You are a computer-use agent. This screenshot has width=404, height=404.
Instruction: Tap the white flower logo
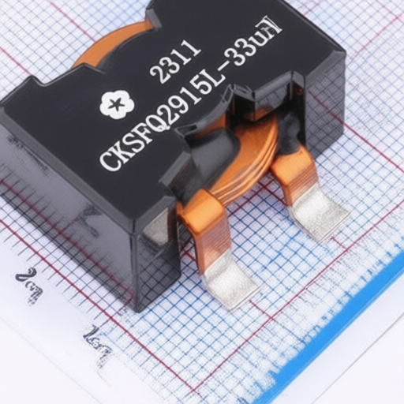point(117,105)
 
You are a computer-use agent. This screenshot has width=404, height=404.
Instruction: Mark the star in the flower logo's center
point(117,105)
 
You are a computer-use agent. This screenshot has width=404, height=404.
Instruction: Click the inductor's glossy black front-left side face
point(63,189)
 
